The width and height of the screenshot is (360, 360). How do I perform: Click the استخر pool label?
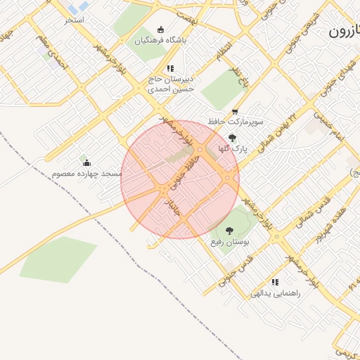click(x=74, y=20)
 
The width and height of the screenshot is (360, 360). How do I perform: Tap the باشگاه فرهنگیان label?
click(x=161, y=40)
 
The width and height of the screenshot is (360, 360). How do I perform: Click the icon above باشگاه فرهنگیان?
click(x=161, y=30)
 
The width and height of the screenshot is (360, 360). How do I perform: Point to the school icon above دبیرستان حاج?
click(x=169, y=68)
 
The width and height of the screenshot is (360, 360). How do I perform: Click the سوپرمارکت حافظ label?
click(x=235, y=122)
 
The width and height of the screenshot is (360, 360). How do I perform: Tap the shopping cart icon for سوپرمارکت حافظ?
click(x=235, y=111)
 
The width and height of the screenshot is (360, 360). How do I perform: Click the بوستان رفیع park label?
click(x=229, y=241)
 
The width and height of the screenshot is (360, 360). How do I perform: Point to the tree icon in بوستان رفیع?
click(x=229, y=230)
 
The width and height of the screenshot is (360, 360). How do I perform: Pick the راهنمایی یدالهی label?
click(x=275, y=292)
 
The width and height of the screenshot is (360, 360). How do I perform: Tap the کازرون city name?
click(x=345, y=31)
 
